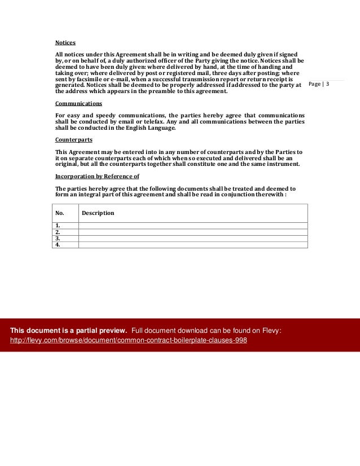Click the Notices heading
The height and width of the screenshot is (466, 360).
click(x=65, y=43)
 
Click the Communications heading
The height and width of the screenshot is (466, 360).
click(x=78, y=104)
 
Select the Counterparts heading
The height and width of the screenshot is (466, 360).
click(x=74, y=139)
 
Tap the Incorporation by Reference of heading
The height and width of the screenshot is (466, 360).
click(x=97, y=176)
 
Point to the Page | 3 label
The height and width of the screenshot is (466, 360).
click(x=319, y=84)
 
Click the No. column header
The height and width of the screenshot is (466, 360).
click(x=59, y=213)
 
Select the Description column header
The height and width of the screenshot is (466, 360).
click(x=98, y=213)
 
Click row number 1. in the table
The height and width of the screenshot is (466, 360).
click(x=58, y=226)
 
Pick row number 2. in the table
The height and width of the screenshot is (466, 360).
click(x=58, y=232)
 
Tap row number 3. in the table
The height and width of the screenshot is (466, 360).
click(x=58, y=238)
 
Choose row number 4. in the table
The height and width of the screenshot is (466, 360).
click(x=58, y=245)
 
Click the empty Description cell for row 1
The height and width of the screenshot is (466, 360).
click(x=193, y=226)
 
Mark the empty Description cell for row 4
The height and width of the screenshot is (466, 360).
click(x=193, y=245)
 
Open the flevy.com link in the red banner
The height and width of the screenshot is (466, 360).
click(x=129, y=341)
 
